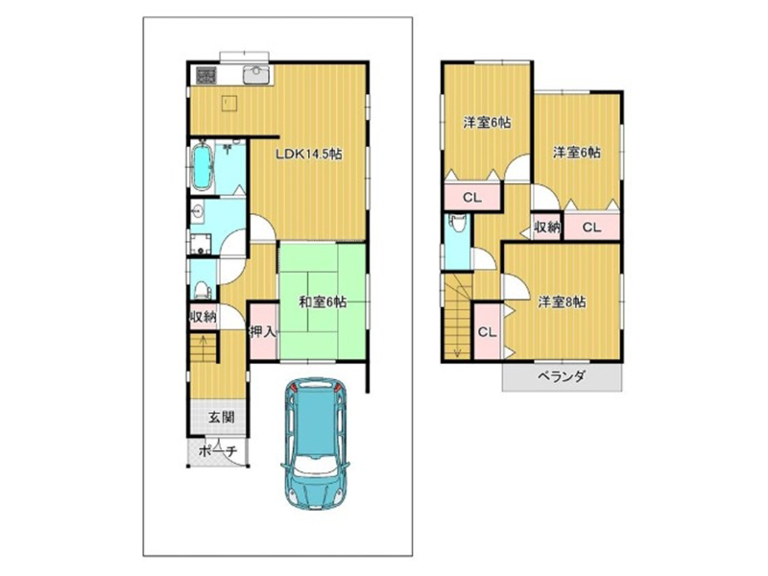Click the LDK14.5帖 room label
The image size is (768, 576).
pos(308,155)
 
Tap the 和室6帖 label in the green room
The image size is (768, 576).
pos(323,302)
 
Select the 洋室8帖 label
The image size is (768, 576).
pos(562,301)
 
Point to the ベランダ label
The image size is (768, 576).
pos(562,376)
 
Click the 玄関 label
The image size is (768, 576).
pos(222,418)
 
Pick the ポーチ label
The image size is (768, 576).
pos(218,450)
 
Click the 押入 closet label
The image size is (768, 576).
pos(263,331)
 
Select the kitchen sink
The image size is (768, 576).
pos(256,76)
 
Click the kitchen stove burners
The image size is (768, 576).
pos(206,75)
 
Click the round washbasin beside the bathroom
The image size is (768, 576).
pos(198,212)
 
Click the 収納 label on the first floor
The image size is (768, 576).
pos(203,317)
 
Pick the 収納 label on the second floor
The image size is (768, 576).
pos(546,227)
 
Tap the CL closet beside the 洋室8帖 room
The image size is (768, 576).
pos(487,332)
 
